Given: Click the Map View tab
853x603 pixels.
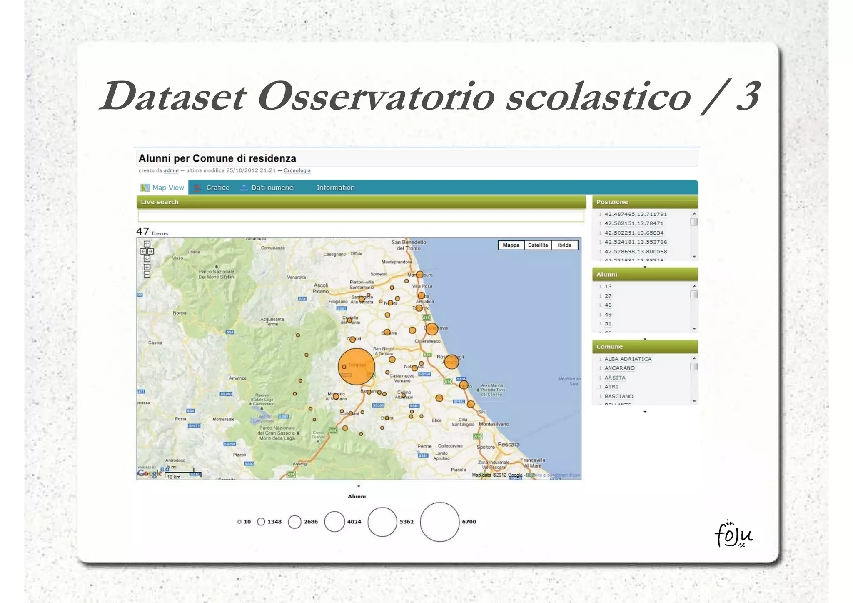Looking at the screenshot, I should (x=163, y=188).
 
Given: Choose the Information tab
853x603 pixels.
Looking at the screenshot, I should (x=335, y=188).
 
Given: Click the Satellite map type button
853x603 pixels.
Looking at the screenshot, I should (x=538, y=245).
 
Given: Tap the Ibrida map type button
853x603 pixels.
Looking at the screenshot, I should (x=564, y=245).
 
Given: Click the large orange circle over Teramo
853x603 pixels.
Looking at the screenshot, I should (x=356, y=366).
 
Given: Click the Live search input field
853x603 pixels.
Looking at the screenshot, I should (x=360, y=216).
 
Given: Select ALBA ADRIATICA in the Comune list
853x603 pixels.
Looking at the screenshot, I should (x=628, y=359).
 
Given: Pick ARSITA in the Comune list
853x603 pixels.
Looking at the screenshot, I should (x=615, y=378).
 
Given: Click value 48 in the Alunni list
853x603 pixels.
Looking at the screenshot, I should (x=608, y=305).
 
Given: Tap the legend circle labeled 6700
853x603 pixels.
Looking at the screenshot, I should (x=439, y=522).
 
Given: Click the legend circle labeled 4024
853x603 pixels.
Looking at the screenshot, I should (x=334, y=522).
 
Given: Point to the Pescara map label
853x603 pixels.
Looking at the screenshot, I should (x=509, y=444).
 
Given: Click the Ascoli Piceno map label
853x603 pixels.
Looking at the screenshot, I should (x=321, y=288).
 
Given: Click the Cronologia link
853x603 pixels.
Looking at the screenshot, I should (x=297, y=170).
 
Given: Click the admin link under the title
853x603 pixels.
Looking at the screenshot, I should (x=171, y=170).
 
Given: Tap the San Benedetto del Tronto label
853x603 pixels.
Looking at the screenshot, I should (x=409, y=245).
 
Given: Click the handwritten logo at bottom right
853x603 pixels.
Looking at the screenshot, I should (x=733, y=534).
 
